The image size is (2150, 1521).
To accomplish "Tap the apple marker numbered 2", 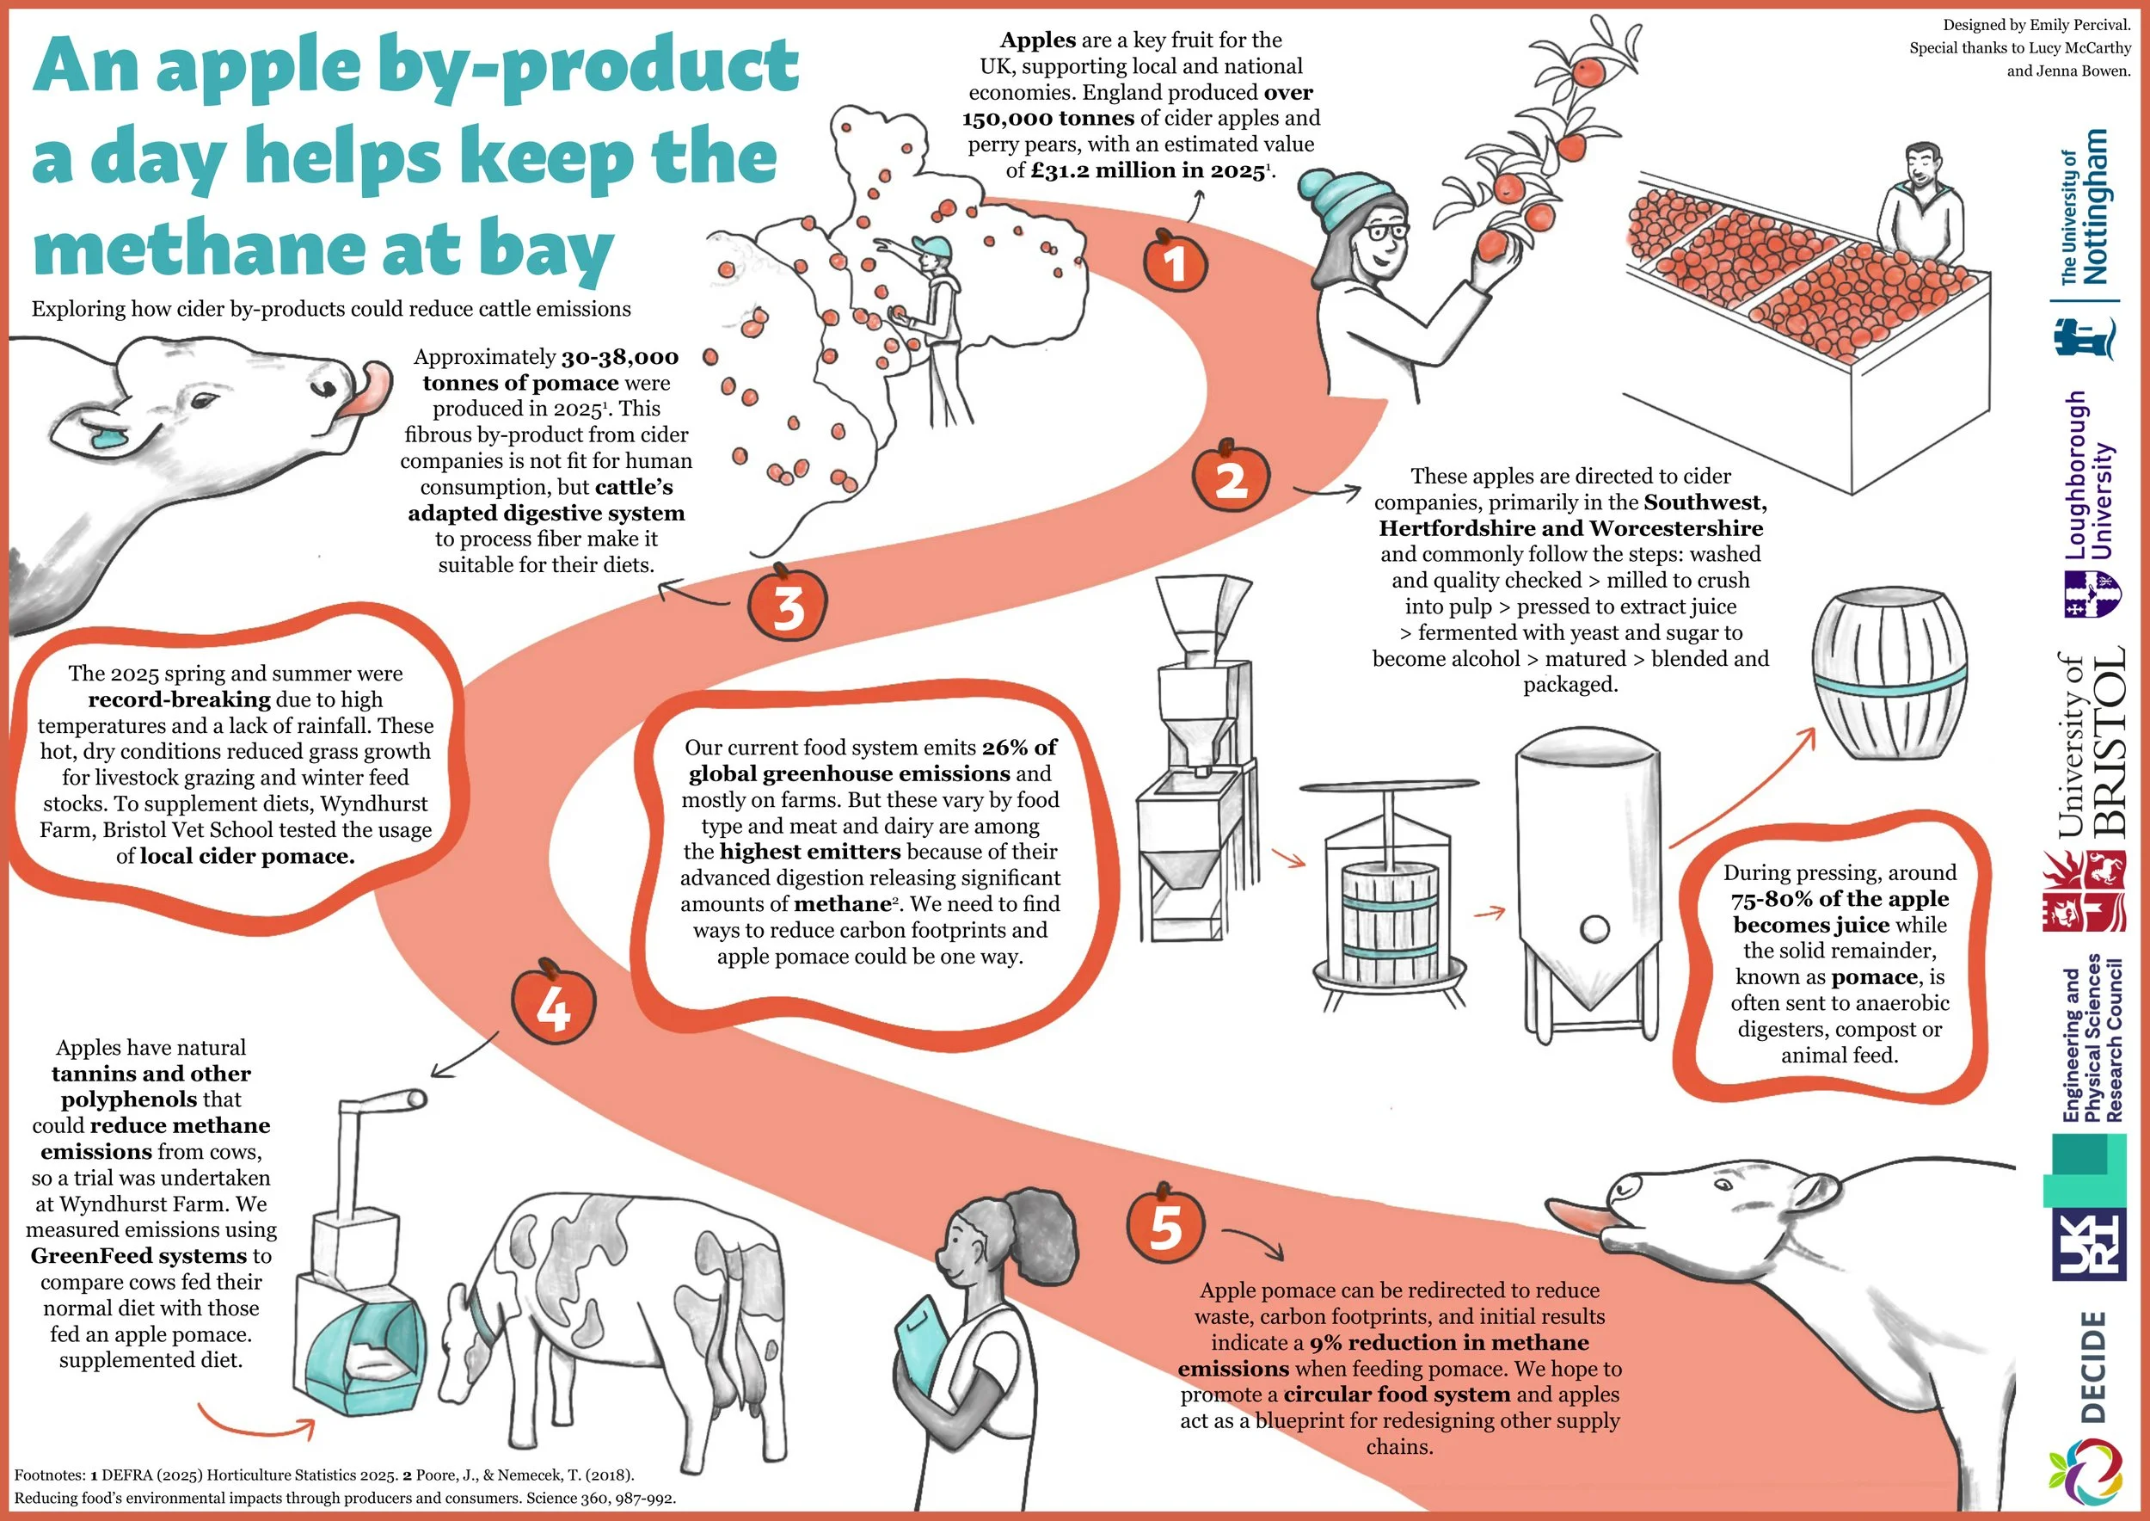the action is coord(1231,477).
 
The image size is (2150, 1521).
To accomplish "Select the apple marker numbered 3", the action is coord(788,604).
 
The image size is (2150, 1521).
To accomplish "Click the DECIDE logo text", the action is coord(2094,1366).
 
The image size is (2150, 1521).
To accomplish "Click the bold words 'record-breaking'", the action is coord(179,699).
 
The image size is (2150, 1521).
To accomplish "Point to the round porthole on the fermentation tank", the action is coord(1594,929).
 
